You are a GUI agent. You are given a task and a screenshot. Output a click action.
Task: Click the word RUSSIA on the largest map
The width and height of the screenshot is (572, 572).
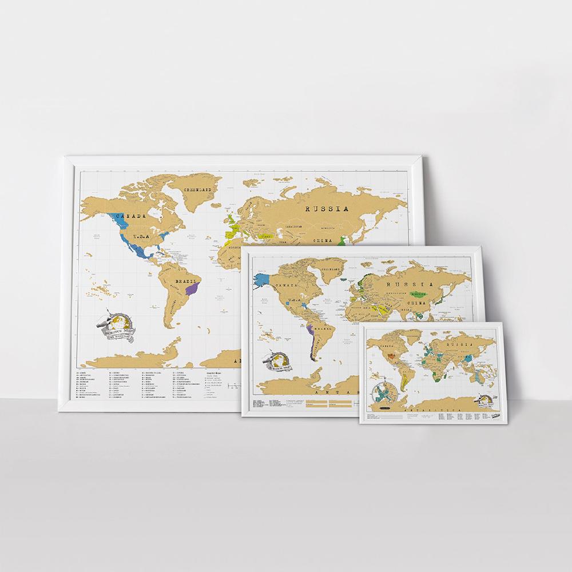(327, 209)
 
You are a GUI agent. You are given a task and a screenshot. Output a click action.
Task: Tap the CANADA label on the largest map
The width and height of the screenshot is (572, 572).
(129, 217)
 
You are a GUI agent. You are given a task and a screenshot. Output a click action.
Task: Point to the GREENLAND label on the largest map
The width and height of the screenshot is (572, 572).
(197, 189)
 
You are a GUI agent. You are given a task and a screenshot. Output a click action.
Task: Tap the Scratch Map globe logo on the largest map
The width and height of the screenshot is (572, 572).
(117, 326)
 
